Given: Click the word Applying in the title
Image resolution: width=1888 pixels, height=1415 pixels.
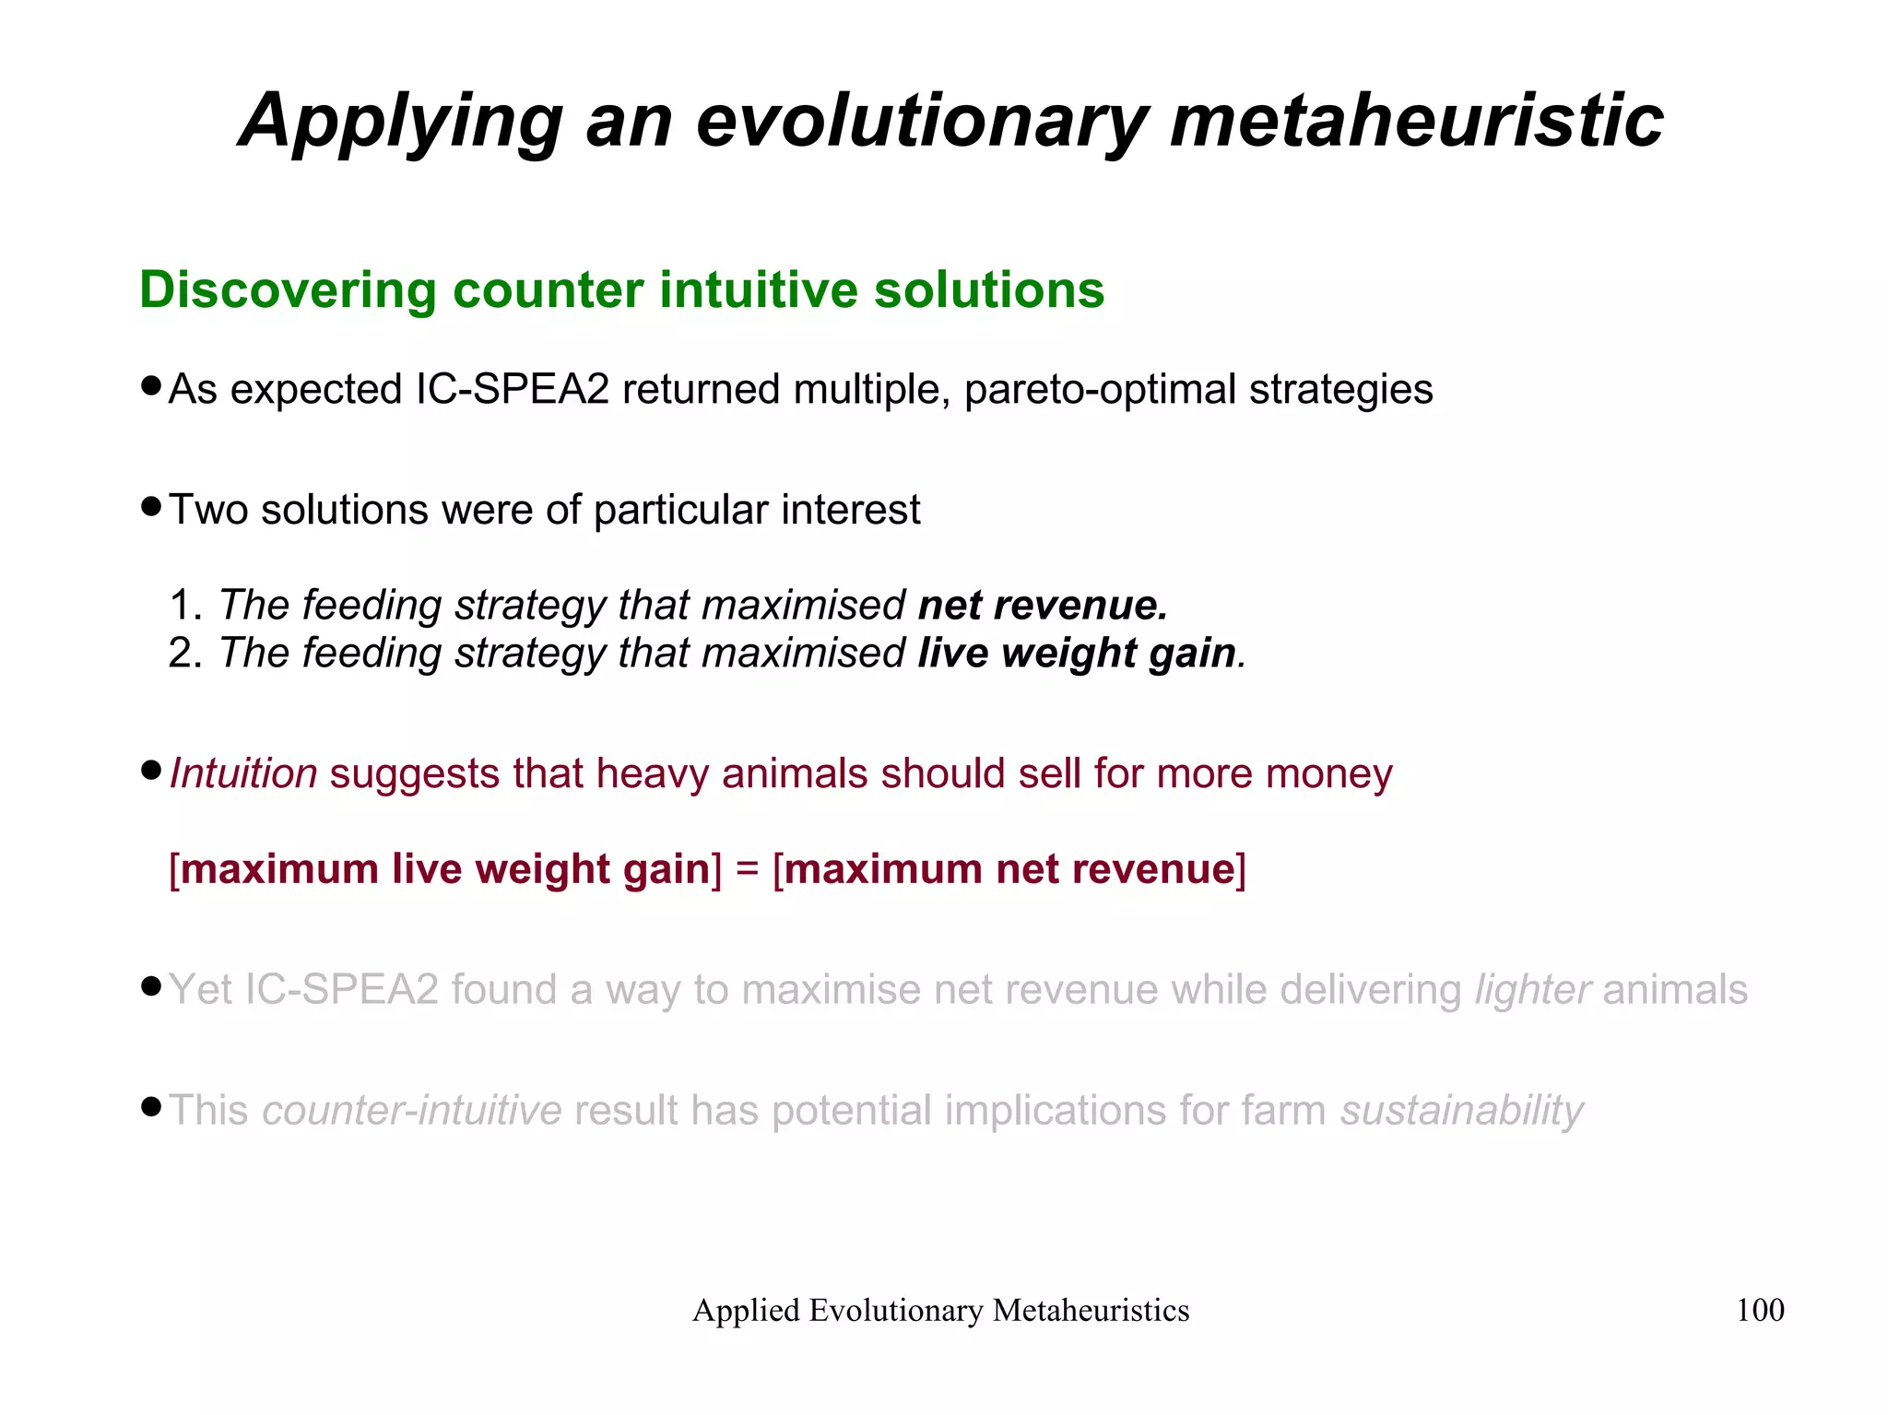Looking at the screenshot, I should (x=401, y=122).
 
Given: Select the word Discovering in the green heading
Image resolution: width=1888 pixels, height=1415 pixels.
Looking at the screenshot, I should (x=287, y=290).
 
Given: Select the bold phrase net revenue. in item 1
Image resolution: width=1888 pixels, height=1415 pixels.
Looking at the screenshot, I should (x=1043, y=606).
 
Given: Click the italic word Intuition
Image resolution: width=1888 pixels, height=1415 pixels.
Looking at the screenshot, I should (x=243, y=774).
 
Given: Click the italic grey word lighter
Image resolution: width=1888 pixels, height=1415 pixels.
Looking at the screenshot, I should (x=1532, y=990).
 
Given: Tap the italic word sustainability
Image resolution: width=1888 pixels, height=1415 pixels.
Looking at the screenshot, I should (x=1462, y=1111).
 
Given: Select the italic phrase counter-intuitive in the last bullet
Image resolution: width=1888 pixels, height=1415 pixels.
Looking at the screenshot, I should (x=412, y=1111).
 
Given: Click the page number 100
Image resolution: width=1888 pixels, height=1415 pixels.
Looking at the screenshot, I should (x=1760, y=1310).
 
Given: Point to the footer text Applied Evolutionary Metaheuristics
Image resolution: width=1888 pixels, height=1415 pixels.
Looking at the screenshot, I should (x=940, y=1310).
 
